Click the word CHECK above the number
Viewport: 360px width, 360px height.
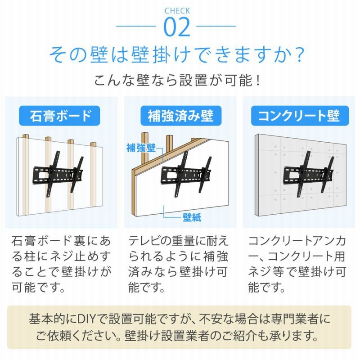pyautogui.click(x=177, y=11)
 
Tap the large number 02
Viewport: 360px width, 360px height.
pyautogui.click(x=177, y=27)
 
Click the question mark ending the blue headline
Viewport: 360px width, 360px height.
pyautogui.click(x=300, y=55)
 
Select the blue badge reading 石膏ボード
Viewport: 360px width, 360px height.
pyautogui.click(x=59, y=116)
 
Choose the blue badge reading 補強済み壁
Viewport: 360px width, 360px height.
pyautogui.click(x=181, y=116)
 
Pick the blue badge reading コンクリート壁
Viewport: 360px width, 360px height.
pyautogui.click(x=300, y=116)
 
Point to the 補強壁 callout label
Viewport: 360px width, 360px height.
pyautogui.click(x=141, y=148)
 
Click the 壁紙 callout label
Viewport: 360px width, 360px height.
pyautogui.click(x=192, y=217)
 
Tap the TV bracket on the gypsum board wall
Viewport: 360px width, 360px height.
pyautogui.click(x=58, y=174)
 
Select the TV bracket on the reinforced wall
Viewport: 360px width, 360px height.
pyautogui.click(x=186, y=174)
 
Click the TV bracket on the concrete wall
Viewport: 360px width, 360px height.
pyautogui.click(x=309, y=174)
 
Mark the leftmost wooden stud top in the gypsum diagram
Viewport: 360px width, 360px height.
pyautogui.click(x=26, y=136)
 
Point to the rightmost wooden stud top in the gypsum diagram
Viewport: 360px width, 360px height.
pyautogui.click(x=93, y=144)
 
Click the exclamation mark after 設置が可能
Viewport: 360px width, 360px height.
pyautogui.click(x=258, y=81)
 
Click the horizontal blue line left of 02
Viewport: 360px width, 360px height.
pyautogui.click(x=136, y=26)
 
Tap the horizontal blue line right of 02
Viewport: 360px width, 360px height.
pyautogui.click(x=216, y=26)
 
